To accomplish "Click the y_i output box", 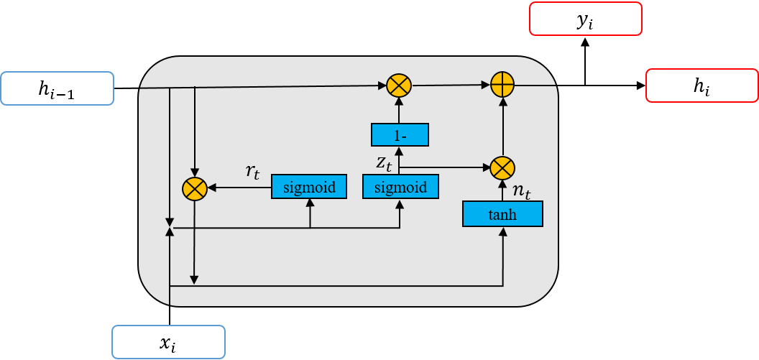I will pos(585,19).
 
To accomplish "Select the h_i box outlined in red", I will pos(701,86).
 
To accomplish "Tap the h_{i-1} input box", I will pos(57,89).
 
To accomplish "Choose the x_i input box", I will pos(168,342).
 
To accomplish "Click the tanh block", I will pos(502,213).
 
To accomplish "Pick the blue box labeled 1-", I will pos(400,134).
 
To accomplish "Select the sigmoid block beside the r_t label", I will pos(309,188).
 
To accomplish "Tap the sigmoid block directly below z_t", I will pos(400,188).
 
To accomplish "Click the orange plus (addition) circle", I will pos(502,85).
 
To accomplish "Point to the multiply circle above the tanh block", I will pos(502,167).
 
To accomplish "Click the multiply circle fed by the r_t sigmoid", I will pos(195,188).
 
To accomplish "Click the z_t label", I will pos(384,163).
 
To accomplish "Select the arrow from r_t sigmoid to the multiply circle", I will pos(239,188).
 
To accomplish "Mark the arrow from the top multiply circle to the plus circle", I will pos(450,85).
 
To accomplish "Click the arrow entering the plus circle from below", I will pos(502,126).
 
